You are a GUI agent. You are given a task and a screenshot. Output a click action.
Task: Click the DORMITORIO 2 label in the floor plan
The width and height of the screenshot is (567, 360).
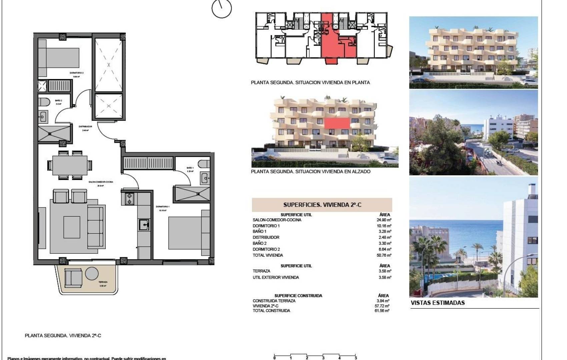(76, 73)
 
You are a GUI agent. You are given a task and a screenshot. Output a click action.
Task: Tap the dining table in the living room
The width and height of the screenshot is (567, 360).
(70, 165)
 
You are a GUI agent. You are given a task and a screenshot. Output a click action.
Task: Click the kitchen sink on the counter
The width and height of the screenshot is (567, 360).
(144, 224)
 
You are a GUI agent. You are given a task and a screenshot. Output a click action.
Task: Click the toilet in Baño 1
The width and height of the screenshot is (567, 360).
(204, 164)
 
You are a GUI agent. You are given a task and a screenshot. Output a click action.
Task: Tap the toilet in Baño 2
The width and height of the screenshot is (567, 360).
(44, 101)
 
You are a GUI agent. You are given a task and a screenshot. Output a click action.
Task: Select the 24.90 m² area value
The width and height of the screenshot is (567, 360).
(384, 220)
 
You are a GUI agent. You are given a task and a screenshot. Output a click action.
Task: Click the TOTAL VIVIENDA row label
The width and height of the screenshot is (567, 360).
(268, 255)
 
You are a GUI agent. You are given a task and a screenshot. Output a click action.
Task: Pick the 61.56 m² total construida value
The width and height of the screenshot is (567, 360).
(382, 311)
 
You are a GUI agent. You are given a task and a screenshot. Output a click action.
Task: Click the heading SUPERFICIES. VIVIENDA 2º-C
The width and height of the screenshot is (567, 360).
(322, 205)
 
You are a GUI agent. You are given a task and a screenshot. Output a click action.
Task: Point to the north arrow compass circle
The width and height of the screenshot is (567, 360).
(222, 8)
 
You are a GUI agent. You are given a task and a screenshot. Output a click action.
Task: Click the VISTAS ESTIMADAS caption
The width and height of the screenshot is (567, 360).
(438, 303)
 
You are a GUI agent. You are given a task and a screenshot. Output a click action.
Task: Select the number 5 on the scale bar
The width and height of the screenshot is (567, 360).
(356, 358)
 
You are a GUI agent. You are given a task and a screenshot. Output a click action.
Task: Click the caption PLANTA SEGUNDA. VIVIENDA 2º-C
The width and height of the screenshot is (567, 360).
(63, 336)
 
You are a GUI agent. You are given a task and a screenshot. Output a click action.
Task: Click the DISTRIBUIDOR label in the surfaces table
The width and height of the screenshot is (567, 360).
(266, 237)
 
